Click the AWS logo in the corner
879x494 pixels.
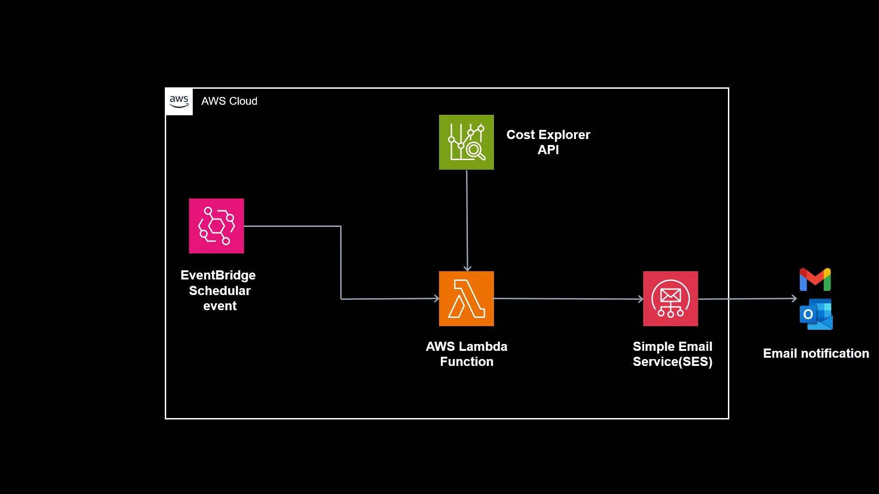click(179, 102)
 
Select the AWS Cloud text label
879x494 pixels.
click(229, 101)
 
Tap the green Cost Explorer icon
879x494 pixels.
click(467, 142)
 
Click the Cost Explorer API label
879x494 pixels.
click(548, 142)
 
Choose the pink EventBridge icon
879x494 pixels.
click(217, 226)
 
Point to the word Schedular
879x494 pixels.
click(220, 290)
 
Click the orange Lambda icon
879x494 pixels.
click(467, 299)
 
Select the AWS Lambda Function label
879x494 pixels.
click(467, 354)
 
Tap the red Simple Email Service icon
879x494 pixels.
click(671, 299)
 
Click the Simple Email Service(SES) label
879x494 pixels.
click(673, 354)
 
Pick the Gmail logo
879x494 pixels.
click(815, 279)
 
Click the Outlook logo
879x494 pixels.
click(816, 314)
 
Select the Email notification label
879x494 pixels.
click(816, 354)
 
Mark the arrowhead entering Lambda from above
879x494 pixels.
click(467, 268)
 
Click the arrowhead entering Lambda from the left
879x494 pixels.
click(437, 299)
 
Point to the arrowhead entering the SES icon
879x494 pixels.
click(641, 299)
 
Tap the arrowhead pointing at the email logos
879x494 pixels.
click(794, 298)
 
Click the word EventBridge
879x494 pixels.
click(218, 275)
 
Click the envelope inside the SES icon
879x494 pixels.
click(671, 295)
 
